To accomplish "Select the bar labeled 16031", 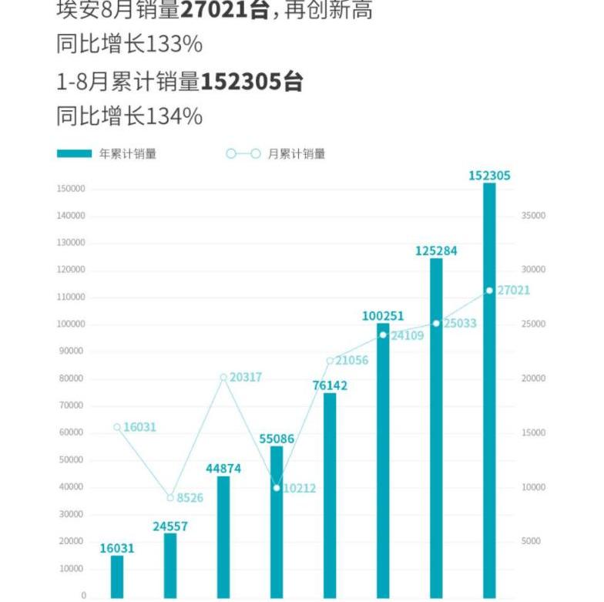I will click(x=117, y=576).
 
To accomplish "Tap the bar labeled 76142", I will click(x=330, y=495).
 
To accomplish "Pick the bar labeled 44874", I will click(x=223, y=536).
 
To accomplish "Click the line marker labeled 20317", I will click(x=223, y=378).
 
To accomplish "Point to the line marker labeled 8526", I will click(x=170, y=498).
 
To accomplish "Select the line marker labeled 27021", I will click(x=489, y=291).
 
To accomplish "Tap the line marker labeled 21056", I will click(x=330, y=361).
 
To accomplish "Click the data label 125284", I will click(x=436, y=251).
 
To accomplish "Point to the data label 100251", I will click(x=383, y=316).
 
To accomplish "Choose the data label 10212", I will click(x=299, y=488).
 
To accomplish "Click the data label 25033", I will click(x=460, y=324).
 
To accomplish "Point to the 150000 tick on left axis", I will click(x=71, y=189).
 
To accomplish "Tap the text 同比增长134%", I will click(x=129, y=116).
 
